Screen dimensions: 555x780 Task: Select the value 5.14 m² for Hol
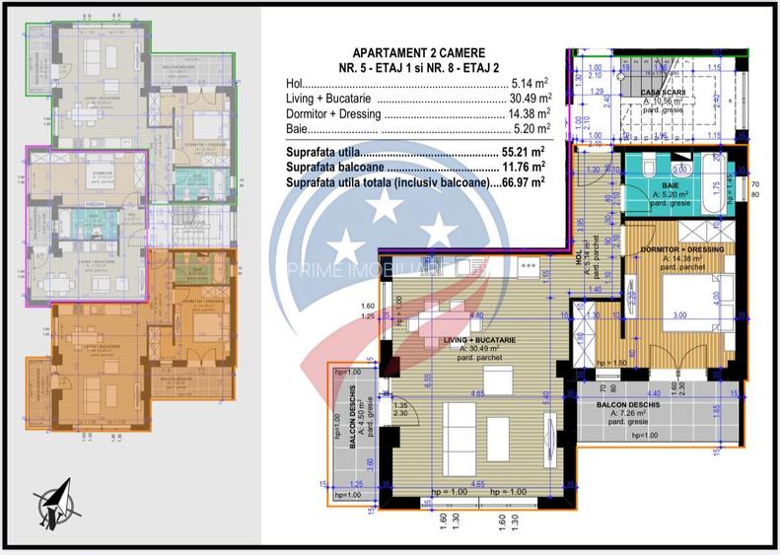click(532, 84)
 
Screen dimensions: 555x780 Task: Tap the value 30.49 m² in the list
click(529, 99)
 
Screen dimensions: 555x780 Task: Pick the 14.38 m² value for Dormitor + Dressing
click(529, 113)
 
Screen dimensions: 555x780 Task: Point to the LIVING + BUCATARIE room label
click(477, 340)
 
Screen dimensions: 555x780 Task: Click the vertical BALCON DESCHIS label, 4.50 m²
click(352, 417)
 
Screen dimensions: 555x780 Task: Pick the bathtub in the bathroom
click(714, 183)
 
